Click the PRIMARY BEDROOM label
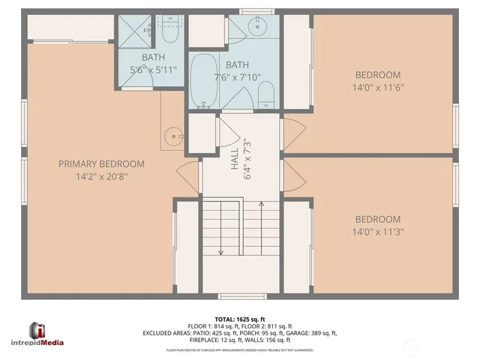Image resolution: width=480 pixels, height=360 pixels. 101,163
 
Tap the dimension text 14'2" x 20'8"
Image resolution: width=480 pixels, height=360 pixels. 101,178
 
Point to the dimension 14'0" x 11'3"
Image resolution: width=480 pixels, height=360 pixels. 379,232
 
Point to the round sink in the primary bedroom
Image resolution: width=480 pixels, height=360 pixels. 174,136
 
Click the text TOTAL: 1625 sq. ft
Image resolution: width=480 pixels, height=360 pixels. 240,318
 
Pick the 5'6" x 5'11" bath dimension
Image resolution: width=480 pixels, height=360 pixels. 153,70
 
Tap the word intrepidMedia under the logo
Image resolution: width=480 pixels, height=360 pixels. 46,343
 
